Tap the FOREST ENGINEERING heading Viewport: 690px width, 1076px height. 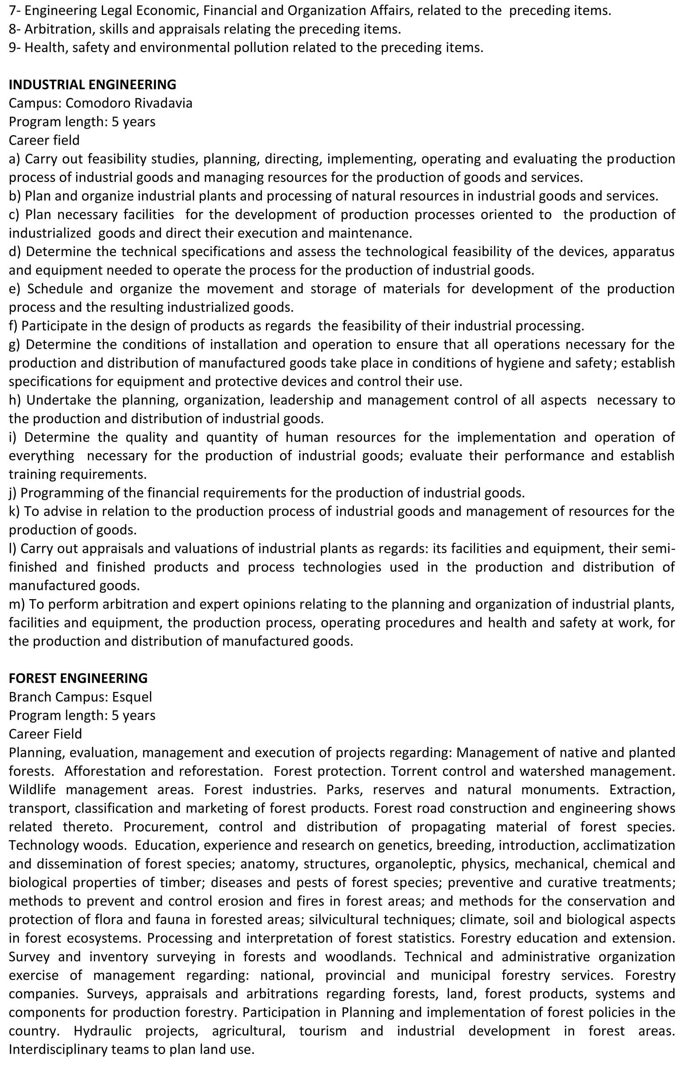tap(78, 678)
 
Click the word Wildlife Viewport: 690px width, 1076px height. tap(31, 789)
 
